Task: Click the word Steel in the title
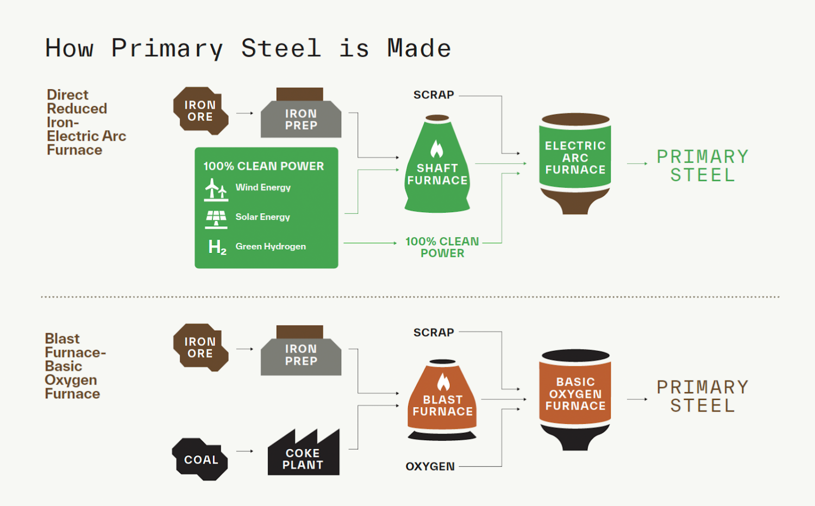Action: tap(281, 48)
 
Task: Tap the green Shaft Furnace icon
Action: tap(437, 169)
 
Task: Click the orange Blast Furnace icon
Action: tap(442, 400)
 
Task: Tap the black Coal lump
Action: tap(200, 459)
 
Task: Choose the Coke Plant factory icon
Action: tap(303, 456)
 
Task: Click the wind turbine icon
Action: tap(216, 189)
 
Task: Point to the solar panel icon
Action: tap(216, 219)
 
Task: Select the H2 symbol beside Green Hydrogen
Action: tap(217, 248)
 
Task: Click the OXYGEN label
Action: tap(430, 467)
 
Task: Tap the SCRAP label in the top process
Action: tap(434, 95)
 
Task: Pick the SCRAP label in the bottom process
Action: tap(434, 332)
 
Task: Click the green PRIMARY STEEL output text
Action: tap(702, 166)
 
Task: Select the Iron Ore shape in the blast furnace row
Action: tap(200, 347)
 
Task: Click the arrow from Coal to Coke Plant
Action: tap(244, 451)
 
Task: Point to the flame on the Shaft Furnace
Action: tap(437, 149)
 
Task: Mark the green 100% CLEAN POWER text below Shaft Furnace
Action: tap(442, 247)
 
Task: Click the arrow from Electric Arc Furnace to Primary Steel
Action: tap(637, 163)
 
